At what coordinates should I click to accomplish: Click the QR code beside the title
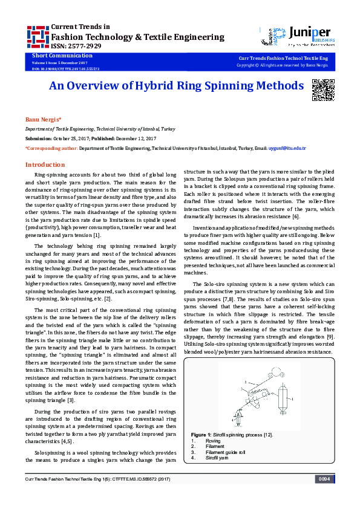pyautogui.click(x=322, y=89)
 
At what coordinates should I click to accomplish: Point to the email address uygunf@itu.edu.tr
pyautogui.click(x=287, y=148)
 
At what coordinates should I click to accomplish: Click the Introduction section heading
pyautogui.click(x=45, y=164)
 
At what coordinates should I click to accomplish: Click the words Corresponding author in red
pyautogui.click(x=51, y=148)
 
